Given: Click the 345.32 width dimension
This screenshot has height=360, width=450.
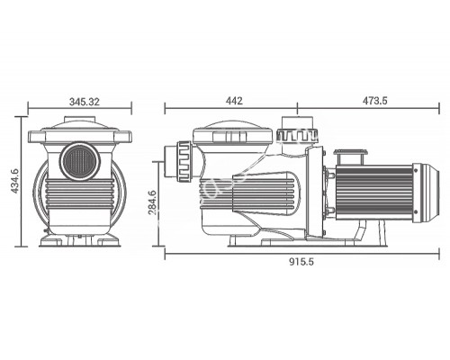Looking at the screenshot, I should click(x=83, y=103).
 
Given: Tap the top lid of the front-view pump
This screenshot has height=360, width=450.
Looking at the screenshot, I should click(x=81, y=127).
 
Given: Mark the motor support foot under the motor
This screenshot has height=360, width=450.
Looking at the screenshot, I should click(x=358, y=232).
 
